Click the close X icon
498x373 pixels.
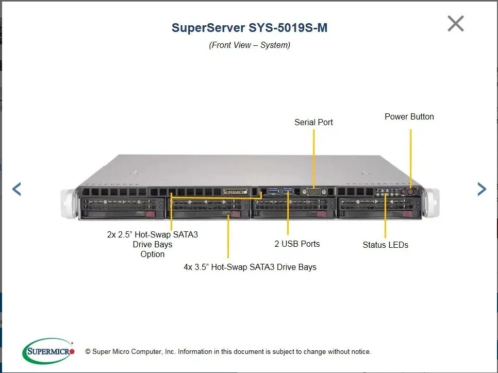pyautogui.click(x=456, y=24)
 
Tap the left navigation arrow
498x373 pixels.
pyautogui.click(x=16, y=189)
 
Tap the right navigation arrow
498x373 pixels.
pyautogui.click(x=482, y=189)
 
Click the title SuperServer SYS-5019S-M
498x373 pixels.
pyautogui.click(x=250, y=28)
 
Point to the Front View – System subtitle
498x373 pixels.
pyautogui.click(x=250, y=45)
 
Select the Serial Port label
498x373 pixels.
pyautogui.click(x=313, y=122)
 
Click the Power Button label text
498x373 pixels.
pyautogui.click(x=409, y=116)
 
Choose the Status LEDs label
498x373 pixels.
pyautogui.click(x=385, y=245)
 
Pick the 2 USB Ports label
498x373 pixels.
pyautogui.click(x=297, y=244)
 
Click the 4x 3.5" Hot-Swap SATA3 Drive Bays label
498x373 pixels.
pyautogui.click(x=250, y=267)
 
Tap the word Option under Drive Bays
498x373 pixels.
pyautogui.click(x=153, y=254)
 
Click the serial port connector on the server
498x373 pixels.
pyautogui.click(x=313, y=192)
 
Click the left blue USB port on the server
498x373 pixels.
pyautogui.click(x=273, y=192)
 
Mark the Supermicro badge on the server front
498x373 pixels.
pyautogui.click(x=235, y=192)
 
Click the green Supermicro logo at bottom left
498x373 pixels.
pyautogui.click(x=48, y=351)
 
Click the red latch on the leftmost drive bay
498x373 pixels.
pyautogui.click(x=150, y=213)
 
